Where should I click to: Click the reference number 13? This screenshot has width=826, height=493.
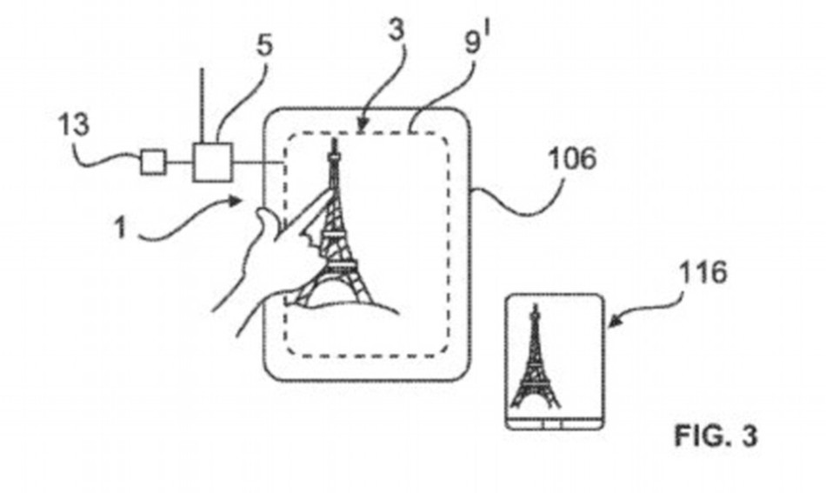click(x=74, y=123)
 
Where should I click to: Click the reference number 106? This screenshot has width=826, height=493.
click(x=570, y=158)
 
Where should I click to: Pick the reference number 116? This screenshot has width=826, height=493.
click(x=703, y=272)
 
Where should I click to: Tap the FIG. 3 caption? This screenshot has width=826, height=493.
click(x=715, y=435)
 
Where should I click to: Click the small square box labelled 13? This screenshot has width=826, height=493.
click(x=152, y=162)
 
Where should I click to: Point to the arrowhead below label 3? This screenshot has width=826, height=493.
click(x=363, y=128)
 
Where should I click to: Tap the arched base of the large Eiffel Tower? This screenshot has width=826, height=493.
click(x=339, y=291)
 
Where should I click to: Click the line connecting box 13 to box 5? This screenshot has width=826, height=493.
click(x=178, y=162)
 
